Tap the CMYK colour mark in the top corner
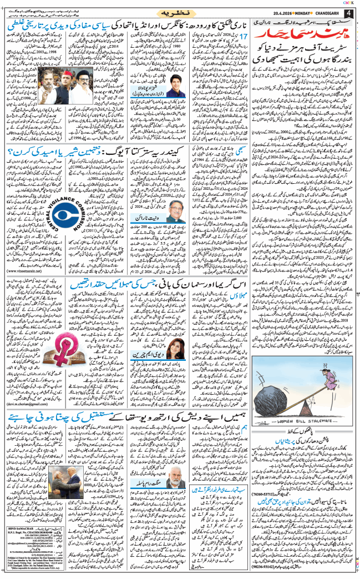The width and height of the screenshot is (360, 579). [347, 2]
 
